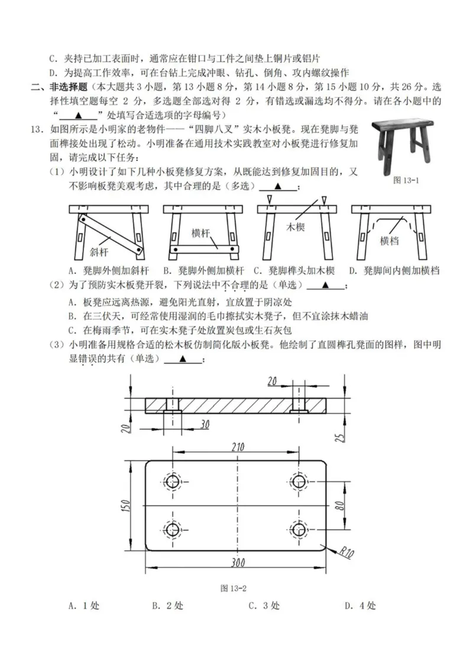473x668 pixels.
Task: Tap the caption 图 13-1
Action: (x=406, y=181)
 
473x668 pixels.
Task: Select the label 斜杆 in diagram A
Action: (x=99, y=252)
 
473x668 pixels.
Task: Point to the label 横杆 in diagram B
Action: (x=202, y=233)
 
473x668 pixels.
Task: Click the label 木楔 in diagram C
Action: (x=296, y=227)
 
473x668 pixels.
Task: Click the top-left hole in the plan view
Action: (x=173, y=481)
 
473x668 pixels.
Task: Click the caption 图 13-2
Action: (x=232, y=588)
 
